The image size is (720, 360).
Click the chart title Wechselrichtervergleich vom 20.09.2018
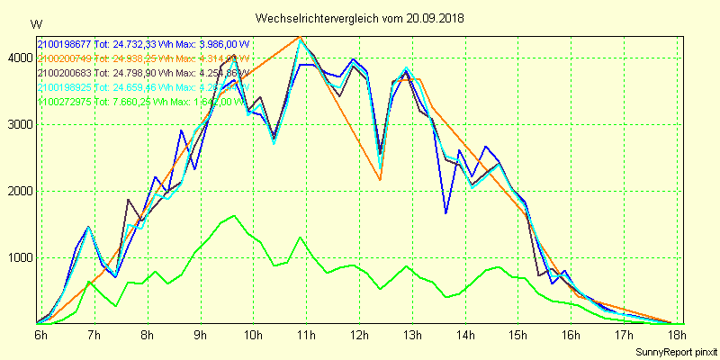point(359,18)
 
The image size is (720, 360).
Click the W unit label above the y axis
point(35,22)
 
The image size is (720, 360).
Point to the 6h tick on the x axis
point(41,336)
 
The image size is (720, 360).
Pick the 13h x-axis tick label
point(413,336)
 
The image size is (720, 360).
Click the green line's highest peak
point(234,216)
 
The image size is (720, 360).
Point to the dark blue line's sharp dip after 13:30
point(445,213)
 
